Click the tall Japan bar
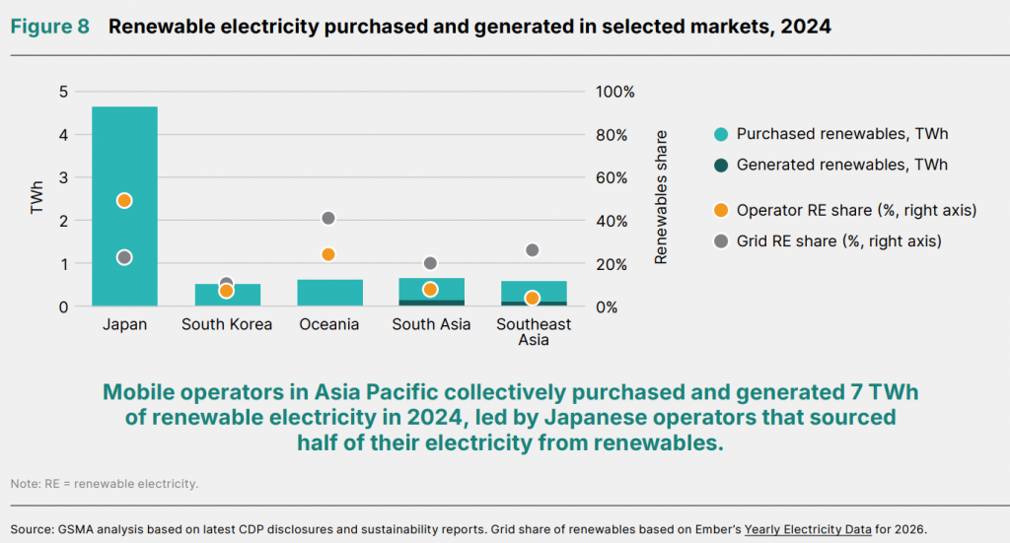coord(124,206)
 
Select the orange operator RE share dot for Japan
coord(124,201)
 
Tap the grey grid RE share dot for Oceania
coord(327,218)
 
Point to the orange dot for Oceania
coord(327,255)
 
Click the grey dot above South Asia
coord(430,263)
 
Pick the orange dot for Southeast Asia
coord(532,298)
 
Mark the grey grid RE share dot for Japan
coord(124,257)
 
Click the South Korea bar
coord(228,295)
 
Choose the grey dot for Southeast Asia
coord(532,249)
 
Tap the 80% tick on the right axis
coord(612,135)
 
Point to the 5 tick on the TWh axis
coord(63,92)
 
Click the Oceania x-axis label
coord(329,324)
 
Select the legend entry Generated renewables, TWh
coord(830,165)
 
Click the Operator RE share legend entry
coord(845,210)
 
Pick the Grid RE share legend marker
coord(721,241)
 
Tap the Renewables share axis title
coord(661,197)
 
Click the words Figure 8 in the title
coord(49,27)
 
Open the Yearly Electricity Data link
coord(808,529)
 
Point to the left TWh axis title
coord(36,196)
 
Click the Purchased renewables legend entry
coord(830,134)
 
